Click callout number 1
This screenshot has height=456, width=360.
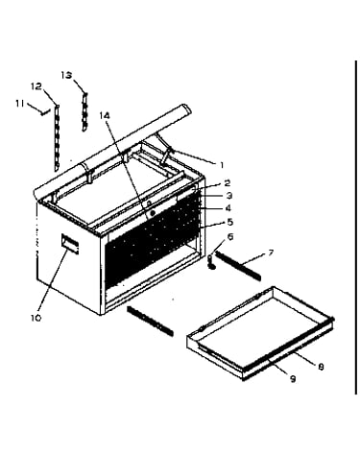pos(222,165)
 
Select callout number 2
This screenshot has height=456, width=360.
pos(227,183)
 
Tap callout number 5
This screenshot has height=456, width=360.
pos(229,222)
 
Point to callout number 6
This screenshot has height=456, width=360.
pos(229,237)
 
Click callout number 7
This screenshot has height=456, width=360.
pos(271,253)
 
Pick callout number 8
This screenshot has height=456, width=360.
pos(321,367)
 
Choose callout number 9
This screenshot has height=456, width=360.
pos(293,379)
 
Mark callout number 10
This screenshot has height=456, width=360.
pos(36,318)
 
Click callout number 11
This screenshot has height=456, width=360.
pos(20,103)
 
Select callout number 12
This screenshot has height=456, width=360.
pos(36,86)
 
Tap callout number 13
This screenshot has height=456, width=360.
pos(66,75)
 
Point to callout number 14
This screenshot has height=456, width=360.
pos(105,115)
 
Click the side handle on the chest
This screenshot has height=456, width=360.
pos(70,244)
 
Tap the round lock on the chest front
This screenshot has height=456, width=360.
pos(153,213)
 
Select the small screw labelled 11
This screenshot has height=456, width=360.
pos(45,111)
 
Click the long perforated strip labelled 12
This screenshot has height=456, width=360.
pos(58,136)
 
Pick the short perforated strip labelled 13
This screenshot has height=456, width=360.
pos(84,111)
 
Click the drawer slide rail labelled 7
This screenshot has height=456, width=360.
pos(238,266)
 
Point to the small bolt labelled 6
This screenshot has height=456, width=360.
pos(211,261)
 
